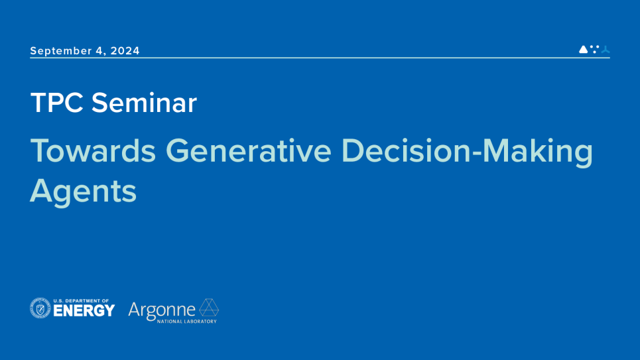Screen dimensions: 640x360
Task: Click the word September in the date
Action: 61,51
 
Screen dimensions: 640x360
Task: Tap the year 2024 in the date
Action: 125,50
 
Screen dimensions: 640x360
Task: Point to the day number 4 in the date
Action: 99,51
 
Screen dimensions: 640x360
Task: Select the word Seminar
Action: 144,103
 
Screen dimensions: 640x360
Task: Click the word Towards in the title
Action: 93,150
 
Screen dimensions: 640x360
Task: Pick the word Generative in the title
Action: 248,150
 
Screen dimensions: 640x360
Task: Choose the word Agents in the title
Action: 84,192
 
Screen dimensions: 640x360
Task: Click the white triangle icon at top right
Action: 583,49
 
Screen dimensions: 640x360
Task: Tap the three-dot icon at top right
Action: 595,49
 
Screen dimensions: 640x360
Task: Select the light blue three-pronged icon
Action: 606,49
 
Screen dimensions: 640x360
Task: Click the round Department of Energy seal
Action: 40,308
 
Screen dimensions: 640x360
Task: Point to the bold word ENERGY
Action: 84,311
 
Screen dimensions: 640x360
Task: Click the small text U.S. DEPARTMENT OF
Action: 81,301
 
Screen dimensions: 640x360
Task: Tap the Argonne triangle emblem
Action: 209,308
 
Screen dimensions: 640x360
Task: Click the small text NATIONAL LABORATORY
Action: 187,322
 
